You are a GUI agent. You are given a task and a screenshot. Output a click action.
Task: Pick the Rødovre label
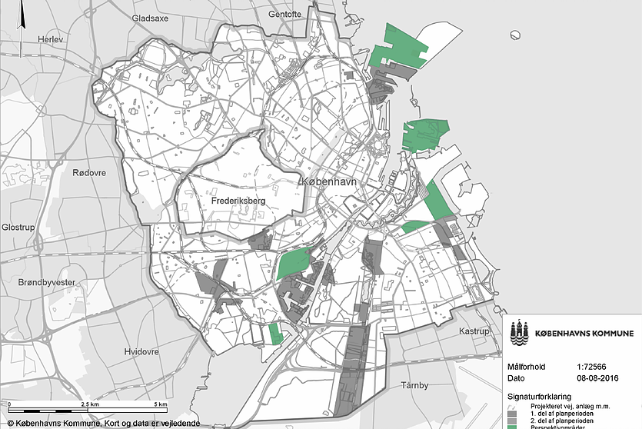tap(87, 173)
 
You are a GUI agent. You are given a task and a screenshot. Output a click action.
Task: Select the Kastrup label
tap(474, 331)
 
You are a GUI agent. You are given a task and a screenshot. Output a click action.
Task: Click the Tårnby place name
tap(419, 385)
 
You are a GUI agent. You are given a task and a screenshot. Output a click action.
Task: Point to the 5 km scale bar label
tap(160, 404)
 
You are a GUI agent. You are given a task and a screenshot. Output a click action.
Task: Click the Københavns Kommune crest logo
tap(521, 333)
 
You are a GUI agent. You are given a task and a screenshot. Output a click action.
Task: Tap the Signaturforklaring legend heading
tap(543, 396)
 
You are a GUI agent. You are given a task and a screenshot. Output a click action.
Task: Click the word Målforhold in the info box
tap(527, 367)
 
